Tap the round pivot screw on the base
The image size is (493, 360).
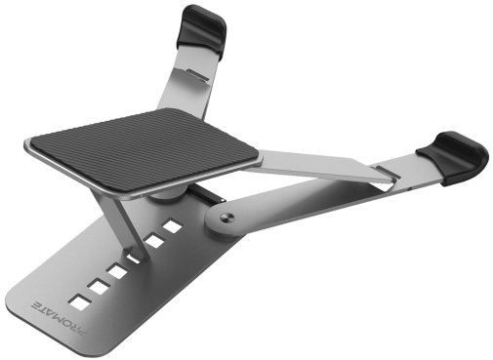click(226, 217)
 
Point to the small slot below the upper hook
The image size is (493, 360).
click(198, 74)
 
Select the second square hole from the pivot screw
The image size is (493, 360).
click(155, 240)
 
